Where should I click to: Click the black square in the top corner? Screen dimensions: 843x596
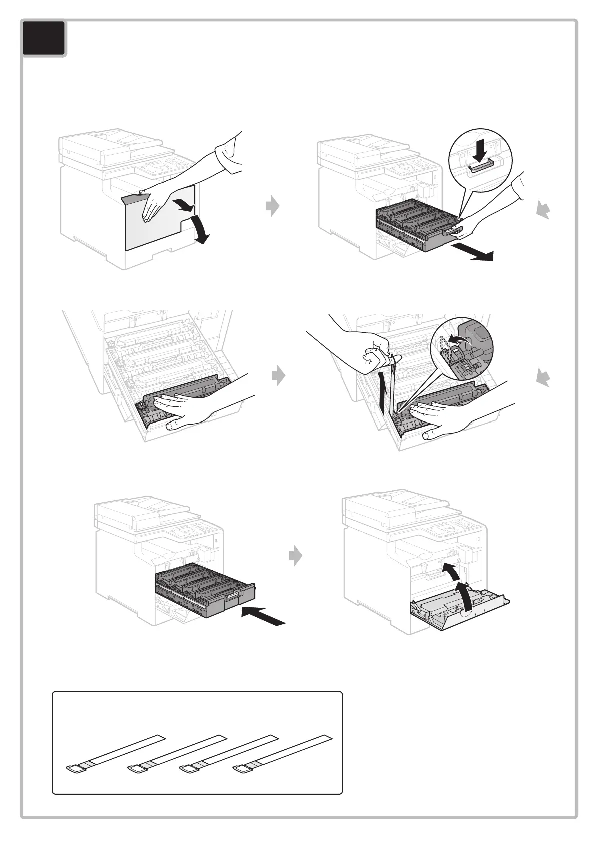pyautogui.click(x=44, y=38)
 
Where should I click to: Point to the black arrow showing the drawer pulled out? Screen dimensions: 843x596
pyautogui.click(x=472, y=253)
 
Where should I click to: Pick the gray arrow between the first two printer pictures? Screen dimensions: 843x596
pyautogui.click(x=273, y=206)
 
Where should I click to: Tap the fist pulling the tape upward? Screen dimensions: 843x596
pyautogui.click(x=375, y=357)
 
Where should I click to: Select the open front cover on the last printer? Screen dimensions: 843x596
pyautogui.click(x=458, y=608)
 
